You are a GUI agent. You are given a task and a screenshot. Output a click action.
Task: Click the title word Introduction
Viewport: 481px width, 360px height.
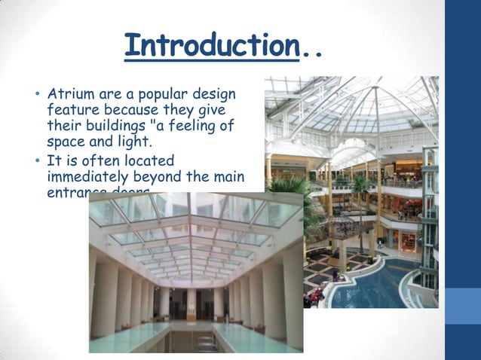(211, 45)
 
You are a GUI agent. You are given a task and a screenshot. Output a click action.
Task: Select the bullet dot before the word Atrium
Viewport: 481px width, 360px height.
(35, 96)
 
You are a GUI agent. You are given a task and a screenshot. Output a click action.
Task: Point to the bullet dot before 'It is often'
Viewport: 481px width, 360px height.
(35, 161)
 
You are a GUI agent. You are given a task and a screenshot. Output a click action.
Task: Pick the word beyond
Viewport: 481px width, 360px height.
(172, 176)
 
